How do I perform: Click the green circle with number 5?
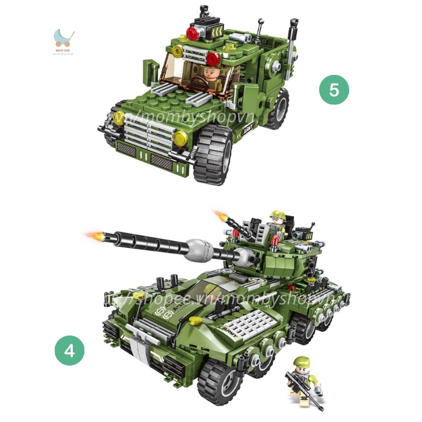click(x=334, y=90)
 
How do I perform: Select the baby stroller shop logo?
click(x=64, y=38)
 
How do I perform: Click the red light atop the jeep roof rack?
click(x=193, y=33)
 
